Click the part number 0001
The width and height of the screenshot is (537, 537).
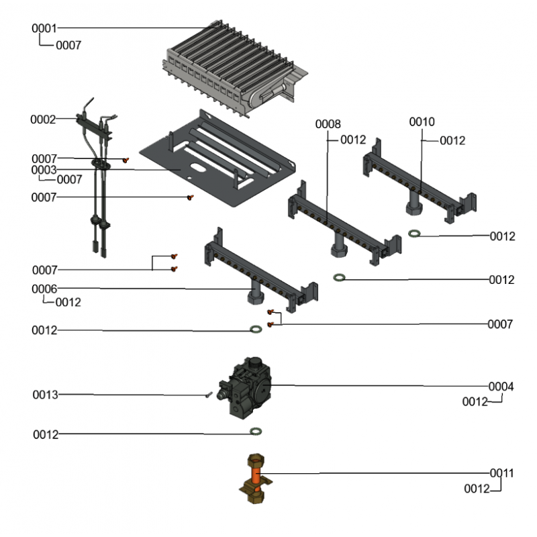[x=44, y=28]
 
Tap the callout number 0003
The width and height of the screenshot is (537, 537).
[x=44, y=170]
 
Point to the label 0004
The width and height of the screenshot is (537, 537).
[x=501, y=387]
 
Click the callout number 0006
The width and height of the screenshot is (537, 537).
[x=44, y=289]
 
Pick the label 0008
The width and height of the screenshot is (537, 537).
[x=328, y=124]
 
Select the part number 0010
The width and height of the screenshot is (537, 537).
[x=422, y=121]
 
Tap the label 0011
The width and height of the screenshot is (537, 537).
[x=501, y=473]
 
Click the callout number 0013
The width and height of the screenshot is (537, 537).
[x=45, y=395]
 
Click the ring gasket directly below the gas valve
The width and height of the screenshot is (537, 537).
[x=255, y=431]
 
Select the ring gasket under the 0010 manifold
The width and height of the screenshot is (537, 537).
[x=416, y=234]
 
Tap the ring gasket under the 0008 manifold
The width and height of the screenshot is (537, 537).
[x=340, y=277]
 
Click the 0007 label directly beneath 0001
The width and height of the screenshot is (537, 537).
[x=68, y=46]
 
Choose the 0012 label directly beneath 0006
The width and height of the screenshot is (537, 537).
[x=68, y=303]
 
